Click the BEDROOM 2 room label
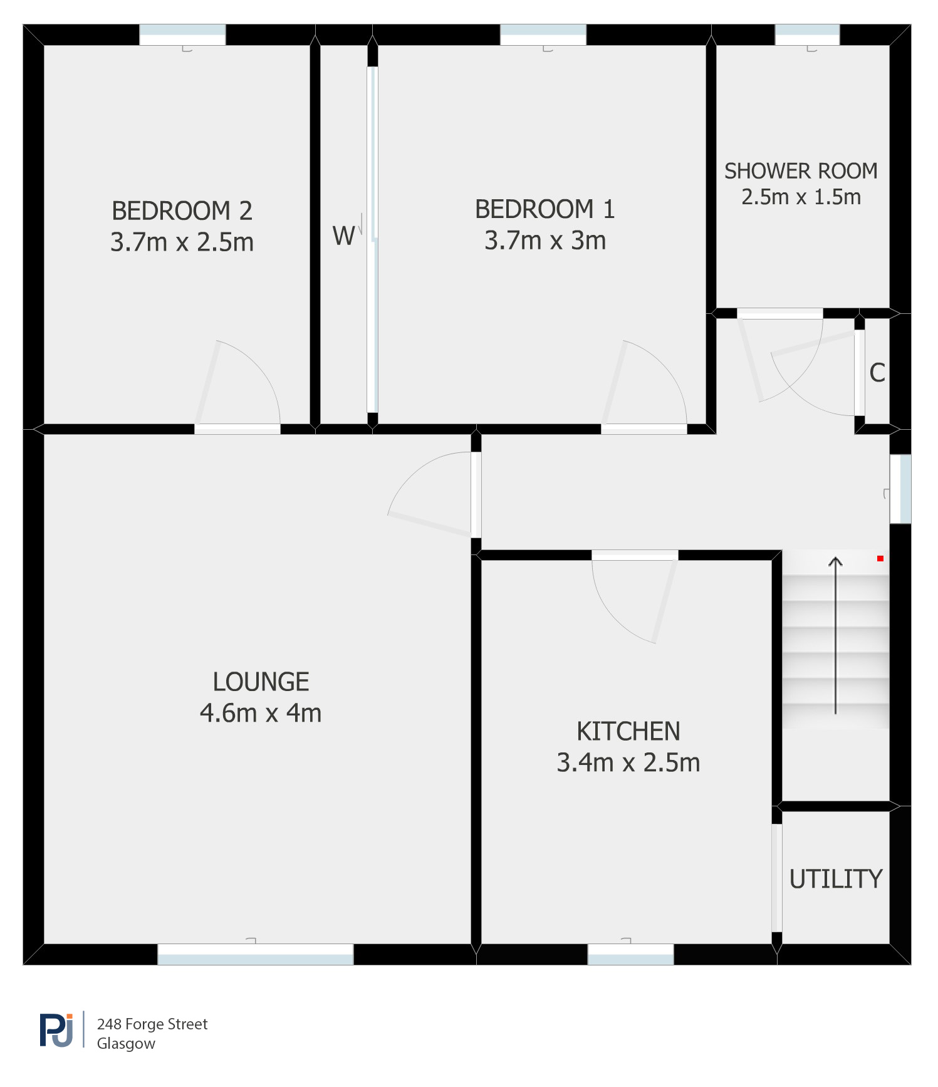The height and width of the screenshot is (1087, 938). click(182, 211)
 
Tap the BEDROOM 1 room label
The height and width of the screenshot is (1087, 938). click(545, 209)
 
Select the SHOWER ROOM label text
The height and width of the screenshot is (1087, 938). click(801, 171)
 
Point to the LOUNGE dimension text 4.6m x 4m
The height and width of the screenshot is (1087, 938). click(261, 713)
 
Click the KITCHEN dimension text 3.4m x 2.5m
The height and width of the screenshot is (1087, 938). click(628, 762)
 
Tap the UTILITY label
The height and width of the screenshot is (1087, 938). click(836, 879)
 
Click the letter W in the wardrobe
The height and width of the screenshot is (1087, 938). click(344, 236)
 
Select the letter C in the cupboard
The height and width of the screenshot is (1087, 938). click(877, 373)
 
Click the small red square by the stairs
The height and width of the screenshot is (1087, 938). click(880, 558)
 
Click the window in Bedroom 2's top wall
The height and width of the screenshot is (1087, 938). click(182, 34)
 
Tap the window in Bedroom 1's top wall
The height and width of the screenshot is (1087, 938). click(543, 34)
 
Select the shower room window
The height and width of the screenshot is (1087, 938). click(807, 34)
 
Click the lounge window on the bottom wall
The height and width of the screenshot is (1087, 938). click(256, 954)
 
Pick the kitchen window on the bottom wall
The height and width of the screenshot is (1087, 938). click(630, 954)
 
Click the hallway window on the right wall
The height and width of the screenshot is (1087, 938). click(900, 489)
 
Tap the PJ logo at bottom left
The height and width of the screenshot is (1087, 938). click(56, 1029)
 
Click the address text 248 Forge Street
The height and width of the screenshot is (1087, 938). click(152, 1024)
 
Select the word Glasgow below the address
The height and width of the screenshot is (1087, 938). click(126, 1043)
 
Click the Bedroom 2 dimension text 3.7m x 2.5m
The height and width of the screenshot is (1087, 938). click(182, 242)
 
